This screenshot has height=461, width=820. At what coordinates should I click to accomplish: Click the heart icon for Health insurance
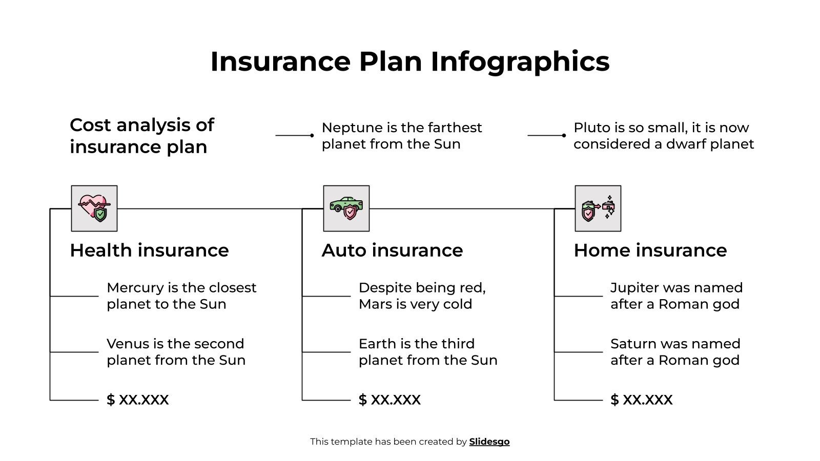click(94, 208)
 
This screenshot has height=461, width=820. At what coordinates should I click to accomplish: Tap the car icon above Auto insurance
click(346, 208)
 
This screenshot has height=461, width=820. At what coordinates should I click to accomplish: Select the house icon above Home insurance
click(598, 208)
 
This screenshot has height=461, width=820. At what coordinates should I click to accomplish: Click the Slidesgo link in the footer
click(489, 442)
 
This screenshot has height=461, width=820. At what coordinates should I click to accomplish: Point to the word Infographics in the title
click(520, 61)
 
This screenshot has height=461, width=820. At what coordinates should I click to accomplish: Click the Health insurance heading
click(149, 250)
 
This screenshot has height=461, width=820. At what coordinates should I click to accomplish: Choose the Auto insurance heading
click(392, 250)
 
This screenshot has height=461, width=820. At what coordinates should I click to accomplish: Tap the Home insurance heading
click(650, 250)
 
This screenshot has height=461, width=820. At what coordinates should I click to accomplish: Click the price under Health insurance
click(137, 400)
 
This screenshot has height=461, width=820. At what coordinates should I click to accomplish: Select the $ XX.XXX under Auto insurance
click(389, 400)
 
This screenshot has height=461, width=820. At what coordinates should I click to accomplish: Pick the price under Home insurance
click(641, 400)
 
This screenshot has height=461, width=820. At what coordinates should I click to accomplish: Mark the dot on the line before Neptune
click(312, 135)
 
